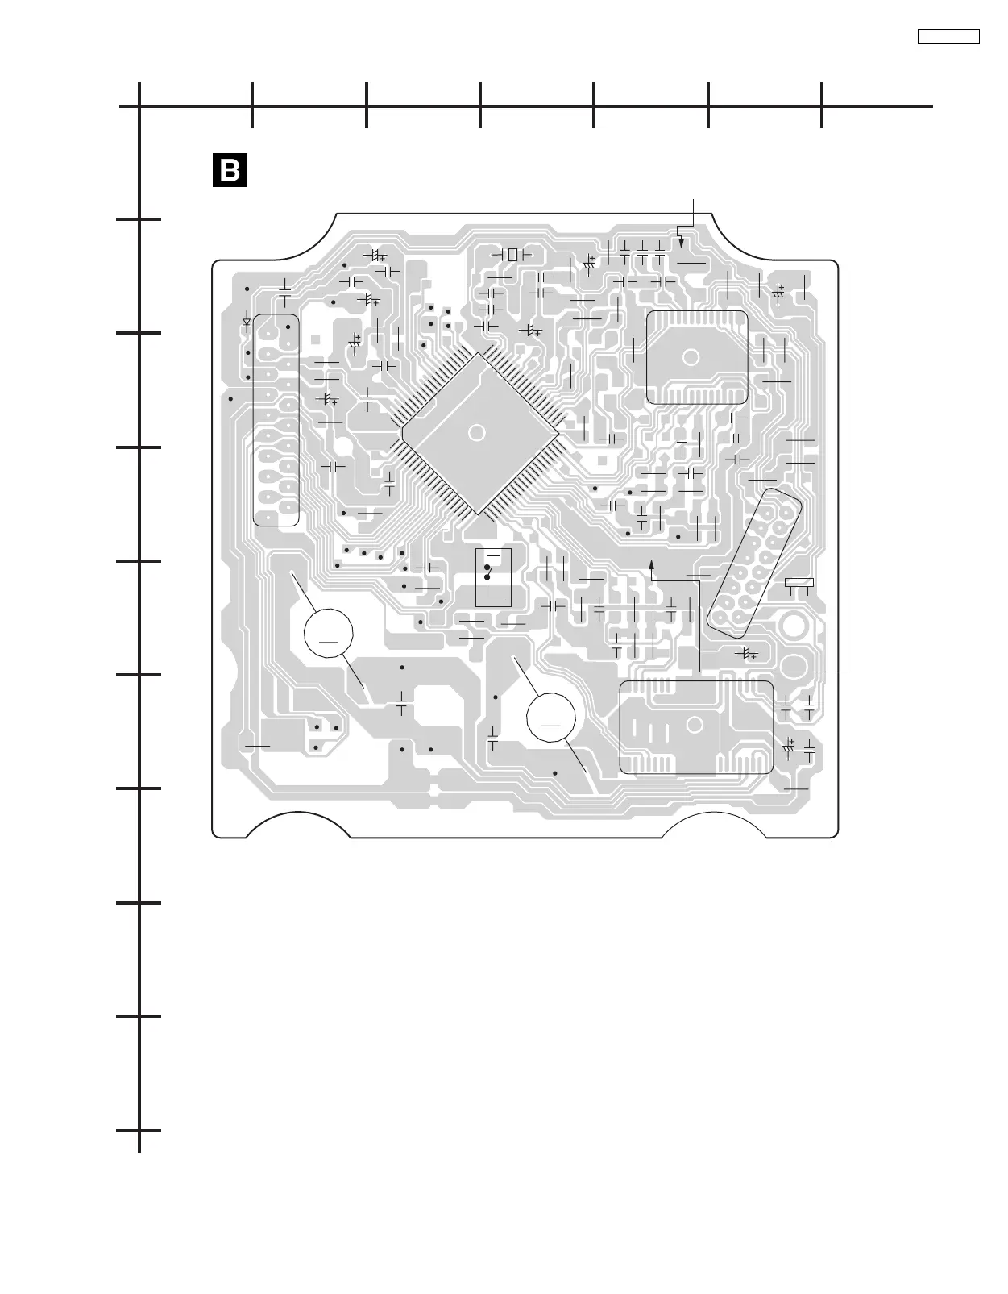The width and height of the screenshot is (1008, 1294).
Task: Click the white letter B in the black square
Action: tap(229, 170)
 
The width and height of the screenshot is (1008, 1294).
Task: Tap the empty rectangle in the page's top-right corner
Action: tap(948, 36)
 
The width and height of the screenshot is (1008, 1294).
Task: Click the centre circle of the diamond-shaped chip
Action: tap(476, 433)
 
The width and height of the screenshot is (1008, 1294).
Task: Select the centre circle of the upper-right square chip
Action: tap(691, 357)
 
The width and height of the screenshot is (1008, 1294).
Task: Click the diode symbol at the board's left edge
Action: tap(247, 322)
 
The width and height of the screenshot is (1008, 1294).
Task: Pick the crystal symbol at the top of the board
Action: tap(512, 254)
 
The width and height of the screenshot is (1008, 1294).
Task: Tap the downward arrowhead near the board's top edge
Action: tap(681, 242)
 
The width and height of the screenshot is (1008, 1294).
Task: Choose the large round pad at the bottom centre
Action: tap(551, 716)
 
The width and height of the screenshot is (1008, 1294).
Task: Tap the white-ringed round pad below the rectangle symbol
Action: tap(791, 624)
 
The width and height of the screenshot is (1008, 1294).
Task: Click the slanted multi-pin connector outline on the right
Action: tap(755, 560)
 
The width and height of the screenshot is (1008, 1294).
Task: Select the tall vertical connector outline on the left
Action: tap(276, 420)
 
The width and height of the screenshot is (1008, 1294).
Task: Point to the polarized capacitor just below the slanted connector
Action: tap(747, 653)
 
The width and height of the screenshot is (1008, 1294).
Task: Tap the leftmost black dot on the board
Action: tap(230, 398)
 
